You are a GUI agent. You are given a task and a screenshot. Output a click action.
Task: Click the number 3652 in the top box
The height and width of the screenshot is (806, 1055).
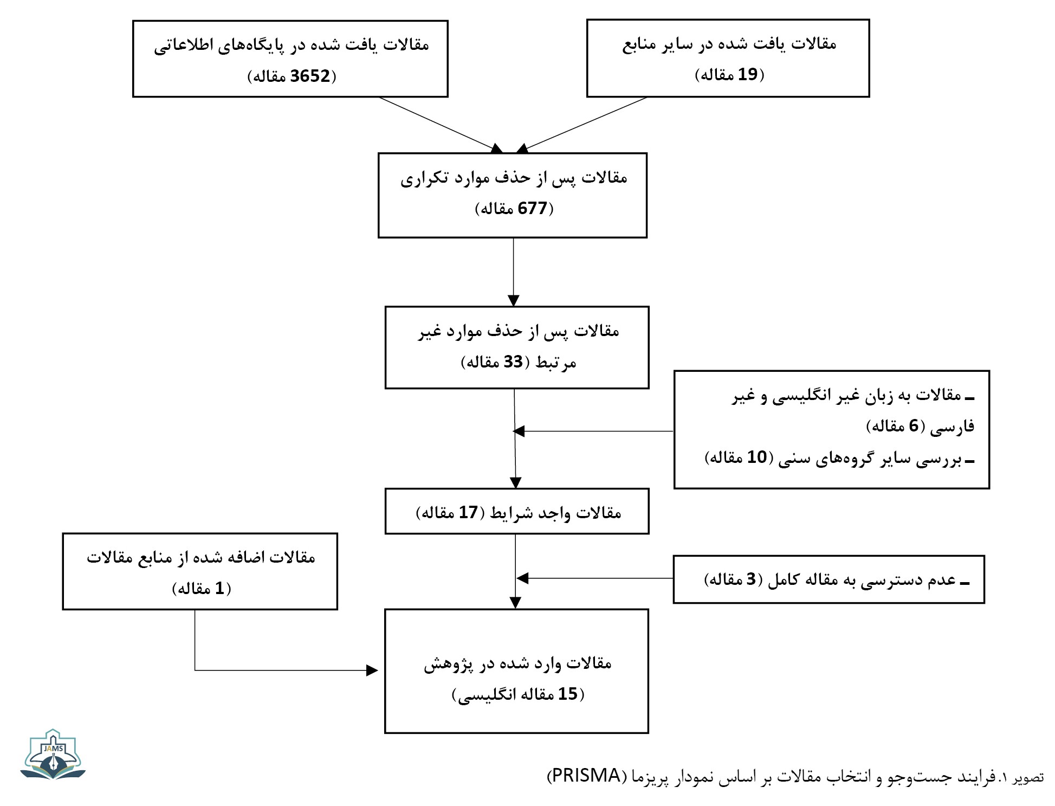(310, 76)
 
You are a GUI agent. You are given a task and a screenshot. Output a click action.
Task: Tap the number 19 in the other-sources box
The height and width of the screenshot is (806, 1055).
(747, 74)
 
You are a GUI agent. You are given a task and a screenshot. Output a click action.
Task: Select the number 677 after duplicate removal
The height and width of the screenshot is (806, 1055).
(533, 208)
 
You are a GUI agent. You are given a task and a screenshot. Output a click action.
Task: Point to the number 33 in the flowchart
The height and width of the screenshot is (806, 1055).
(513, 362)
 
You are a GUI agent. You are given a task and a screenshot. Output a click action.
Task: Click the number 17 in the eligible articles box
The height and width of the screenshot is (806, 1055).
(468, 512)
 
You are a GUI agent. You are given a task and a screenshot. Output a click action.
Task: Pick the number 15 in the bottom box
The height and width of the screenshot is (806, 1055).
(568, 694)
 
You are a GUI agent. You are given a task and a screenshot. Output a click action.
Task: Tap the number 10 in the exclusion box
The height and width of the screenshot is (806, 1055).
(757, 457)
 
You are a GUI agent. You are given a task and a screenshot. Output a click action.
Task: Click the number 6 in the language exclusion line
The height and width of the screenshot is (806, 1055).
(914, 425)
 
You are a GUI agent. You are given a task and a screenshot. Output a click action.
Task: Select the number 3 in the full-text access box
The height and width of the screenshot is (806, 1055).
(750, 579)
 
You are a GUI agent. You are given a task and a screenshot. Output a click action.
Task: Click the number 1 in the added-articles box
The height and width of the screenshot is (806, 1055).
(219, 588)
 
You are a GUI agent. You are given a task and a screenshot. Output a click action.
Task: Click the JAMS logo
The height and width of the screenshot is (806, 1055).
(53, 754)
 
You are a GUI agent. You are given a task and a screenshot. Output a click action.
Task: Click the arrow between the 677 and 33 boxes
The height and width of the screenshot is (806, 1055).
(514, 272)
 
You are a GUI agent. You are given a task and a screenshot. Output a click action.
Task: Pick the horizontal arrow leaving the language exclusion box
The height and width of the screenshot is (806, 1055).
(593, 431)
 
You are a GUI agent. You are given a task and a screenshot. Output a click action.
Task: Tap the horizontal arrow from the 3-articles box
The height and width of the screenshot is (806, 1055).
(595, 578)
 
